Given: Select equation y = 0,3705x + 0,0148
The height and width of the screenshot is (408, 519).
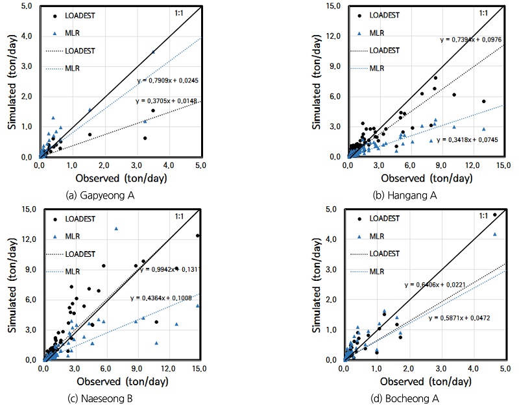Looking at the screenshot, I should tap(167, 101).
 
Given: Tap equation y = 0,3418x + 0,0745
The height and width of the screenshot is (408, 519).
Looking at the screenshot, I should tap(468, 139).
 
